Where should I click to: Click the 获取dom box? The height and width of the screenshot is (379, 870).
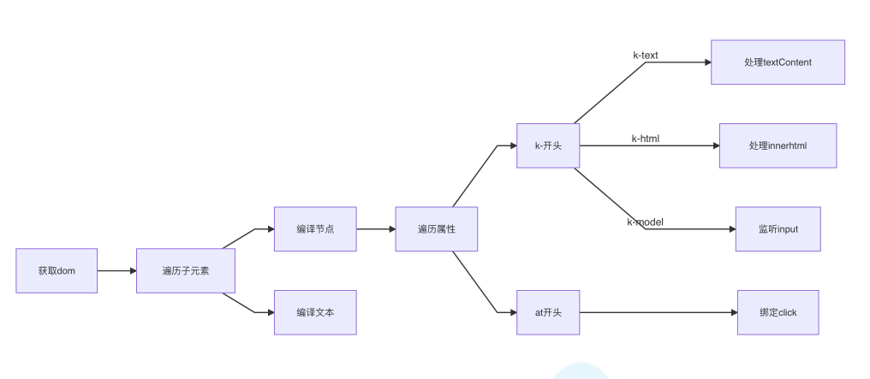(57, 270)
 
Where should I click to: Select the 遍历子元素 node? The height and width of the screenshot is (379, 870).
(185, 270)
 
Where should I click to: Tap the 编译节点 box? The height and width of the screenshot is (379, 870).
(315, 228)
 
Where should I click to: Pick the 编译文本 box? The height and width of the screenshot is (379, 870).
(315, 312)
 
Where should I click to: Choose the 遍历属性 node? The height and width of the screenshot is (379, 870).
(436, 228)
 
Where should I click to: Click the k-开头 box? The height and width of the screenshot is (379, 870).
(548, 145)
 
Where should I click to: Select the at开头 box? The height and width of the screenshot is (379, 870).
(548, 312)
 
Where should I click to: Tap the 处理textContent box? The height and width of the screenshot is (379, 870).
(778, 62)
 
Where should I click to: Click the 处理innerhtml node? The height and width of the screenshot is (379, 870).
(778, 145)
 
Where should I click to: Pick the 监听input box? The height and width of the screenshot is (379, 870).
(778, 228)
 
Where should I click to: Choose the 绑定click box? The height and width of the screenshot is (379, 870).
(778, 312)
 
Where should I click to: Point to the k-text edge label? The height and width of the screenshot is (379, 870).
(646, 56)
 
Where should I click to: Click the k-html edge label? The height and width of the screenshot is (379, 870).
(646, 139)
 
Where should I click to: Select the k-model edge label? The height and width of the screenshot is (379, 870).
(646, 222)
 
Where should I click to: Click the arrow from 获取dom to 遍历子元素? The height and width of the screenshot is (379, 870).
(117, 270)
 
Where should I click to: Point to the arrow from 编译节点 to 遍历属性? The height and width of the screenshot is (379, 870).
(376, 228)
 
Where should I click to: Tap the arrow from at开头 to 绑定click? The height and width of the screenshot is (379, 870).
(658, 312)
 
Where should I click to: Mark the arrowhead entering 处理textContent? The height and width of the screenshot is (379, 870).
(706, 62)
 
